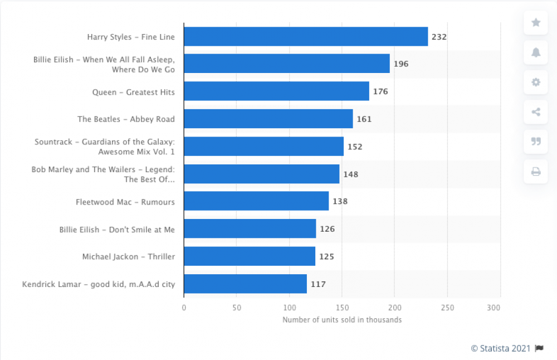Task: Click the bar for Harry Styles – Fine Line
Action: tap(306, 37)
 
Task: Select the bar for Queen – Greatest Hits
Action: tap(276, 91)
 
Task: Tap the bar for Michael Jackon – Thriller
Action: tap(250, 256)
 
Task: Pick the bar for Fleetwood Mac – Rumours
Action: tap(256, 201)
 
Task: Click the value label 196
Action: tap(401, 64)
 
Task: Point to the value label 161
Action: tap(364, 119)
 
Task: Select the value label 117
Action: tap(318, 284)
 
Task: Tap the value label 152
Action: tap(355, 147)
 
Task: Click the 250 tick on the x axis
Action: tap(447, 308)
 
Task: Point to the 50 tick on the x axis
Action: tap(237, 308)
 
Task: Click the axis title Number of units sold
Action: tap(342, 320)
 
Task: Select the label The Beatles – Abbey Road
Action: tap(126, 119)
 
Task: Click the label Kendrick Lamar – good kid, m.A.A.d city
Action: tap(99, 284)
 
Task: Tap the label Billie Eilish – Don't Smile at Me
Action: tap(117, 229)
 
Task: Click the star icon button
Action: tap(536, 22)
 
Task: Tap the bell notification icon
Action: tap(536, 52)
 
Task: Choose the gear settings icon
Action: tap(536, 82)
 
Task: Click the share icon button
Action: tap(536, 112)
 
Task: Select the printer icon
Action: tap(536, 172)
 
